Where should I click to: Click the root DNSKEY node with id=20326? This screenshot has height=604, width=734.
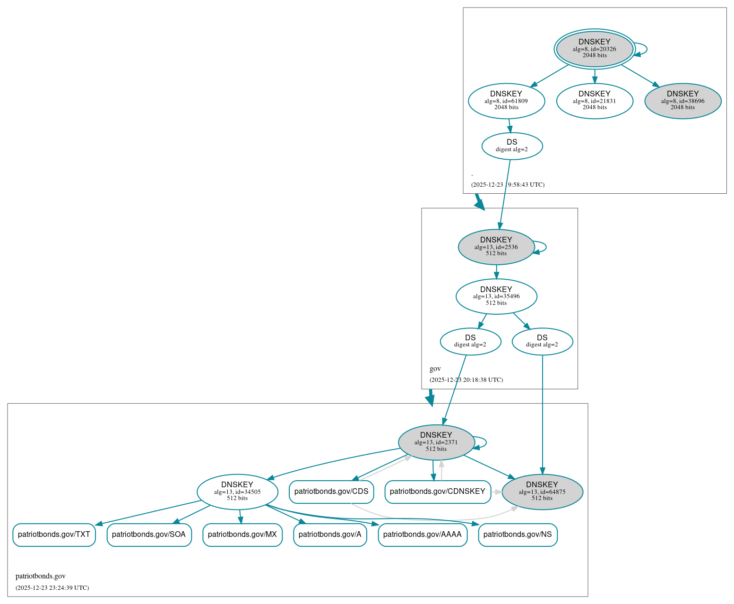pos(594,49)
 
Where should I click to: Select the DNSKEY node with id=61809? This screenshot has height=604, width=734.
pos(506,101)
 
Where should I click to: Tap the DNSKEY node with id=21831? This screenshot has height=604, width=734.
pos(594,101)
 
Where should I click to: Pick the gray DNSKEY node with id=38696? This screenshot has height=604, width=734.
pos(682,101)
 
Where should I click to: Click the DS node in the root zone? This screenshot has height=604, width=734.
pos(512,146)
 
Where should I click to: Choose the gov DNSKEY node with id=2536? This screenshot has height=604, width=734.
pos(496,247)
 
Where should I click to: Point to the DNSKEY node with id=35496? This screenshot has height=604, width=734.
pos(496,296)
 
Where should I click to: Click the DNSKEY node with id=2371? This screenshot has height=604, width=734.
pos(436,442)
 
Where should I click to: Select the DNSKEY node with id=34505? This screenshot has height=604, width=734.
pos(237,492)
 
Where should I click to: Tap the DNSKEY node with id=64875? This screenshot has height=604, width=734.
pos(542,492)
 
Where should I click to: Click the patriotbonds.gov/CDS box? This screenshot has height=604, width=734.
pos(331,492)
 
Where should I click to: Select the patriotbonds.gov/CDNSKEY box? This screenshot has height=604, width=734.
pos(437,492)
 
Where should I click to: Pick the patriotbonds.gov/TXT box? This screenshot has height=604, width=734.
pos(54,535)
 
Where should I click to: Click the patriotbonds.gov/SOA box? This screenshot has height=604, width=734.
pos(149,535)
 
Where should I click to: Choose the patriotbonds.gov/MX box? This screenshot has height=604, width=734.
pos(242,535)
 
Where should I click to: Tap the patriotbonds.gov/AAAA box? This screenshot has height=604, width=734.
pos(422,535)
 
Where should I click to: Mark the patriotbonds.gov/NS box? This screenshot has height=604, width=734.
pos(518,535)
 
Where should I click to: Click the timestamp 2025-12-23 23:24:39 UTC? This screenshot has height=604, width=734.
pos(52,588)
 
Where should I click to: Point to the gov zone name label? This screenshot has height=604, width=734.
pos(435,369)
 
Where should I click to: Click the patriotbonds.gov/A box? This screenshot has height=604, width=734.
pos(330,535)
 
